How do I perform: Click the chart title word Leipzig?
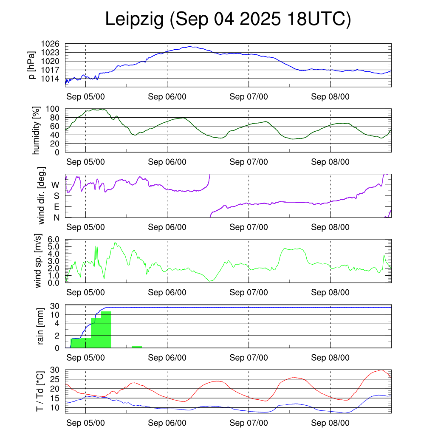coord(134,20)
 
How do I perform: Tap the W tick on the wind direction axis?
coord(56,185)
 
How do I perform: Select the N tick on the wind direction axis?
coord(56,217)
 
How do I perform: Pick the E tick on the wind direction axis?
coord(56,207)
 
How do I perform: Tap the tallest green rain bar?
coord(106,330)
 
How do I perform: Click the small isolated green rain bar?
coord(136,347)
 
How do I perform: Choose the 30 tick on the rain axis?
coord(54,306)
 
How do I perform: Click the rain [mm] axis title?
coord(41,326)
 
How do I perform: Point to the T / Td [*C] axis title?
coord(40,391)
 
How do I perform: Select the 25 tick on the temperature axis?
coord(56,379)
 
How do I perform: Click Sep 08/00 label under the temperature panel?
coord(330,423)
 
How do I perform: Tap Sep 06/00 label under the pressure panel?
coord(167,96)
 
